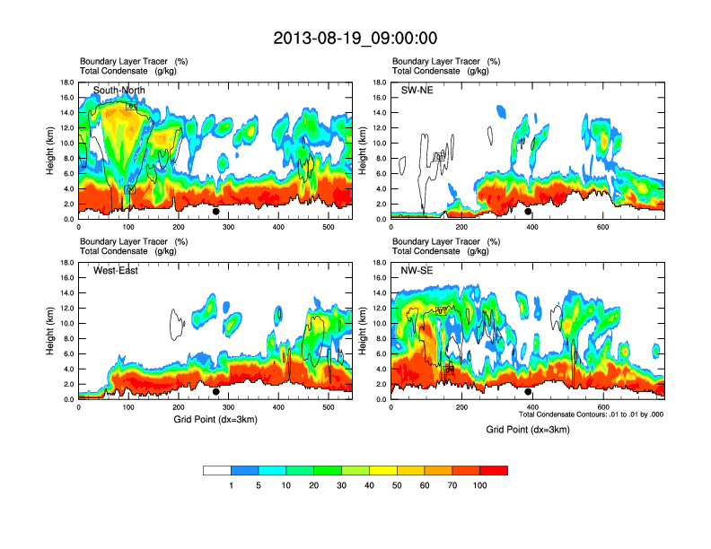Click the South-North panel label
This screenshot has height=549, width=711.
pos(118,91)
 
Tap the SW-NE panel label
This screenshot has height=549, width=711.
pos(417,91)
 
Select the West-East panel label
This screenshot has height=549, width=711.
pos(116,271)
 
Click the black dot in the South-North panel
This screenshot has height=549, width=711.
pos(215,212)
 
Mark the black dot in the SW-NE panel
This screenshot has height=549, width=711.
pos(528,212)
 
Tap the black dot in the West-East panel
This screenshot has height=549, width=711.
pos(215,392)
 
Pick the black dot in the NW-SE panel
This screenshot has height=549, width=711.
pos(528,392)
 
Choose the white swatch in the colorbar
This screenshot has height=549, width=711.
pos(216,470)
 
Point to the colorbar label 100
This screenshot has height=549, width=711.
pos(479,485)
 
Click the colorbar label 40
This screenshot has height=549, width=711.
pos(369,485)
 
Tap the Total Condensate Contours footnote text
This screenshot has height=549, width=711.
pos(591,414)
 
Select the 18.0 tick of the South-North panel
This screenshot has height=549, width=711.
pos(66,83)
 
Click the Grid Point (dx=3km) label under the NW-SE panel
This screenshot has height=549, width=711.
pos(528,430)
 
